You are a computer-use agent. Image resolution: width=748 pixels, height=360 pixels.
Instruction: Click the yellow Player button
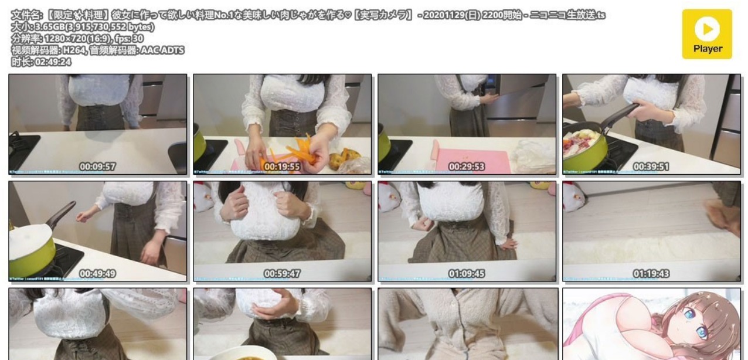pos(706,34)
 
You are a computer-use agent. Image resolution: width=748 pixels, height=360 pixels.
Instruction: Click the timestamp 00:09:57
pos(98,167)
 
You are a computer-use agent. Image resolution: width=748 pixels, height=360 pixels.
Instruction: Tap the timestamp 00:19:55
pos(282,167)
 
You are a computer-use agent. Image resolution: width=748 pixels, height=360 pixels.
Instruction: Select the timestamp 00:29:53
pos(467,167)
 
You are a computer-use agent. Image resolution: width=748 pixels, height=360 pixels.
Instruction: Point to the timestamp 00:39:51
pos(651,167)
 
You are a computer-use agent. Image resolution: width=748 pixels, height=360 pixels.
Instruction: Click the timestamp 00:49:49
pos(98,273)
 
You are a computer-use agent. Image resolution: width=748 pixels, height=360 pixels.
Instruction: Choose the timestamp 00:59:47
pos(282,273)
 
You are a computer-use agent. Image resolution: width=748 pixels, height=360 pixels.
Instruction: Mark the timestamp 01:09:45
pos(467,273)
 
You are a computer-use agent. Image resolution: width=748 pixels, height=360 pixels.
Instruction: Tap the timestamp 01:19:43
pos(651,273)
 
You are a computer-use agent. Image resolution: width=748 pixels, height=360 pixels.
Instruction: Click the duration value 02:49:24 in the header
pos(53,62)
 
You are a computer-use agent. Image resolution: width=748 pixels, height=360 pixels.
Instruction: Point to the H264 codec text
pos(74,50)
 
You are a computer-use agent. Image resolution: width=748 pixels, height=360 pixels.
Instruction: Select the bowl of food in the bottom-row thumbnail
pos(281,355)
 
